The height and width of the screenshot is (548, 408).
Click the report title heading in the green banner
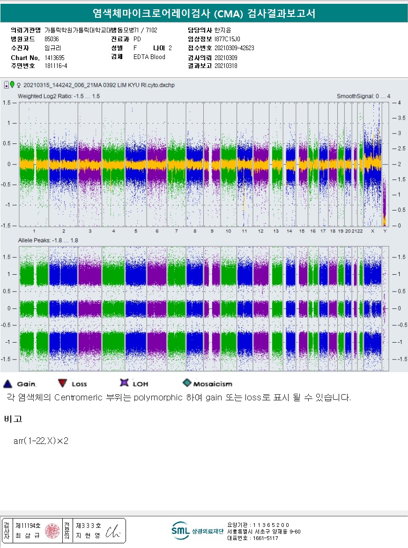[x=204, y=13]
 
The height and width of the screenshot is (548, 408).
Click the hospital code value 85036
[x=52, y=39]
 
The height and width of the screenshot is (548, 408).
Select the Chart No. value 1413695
[x=54, y=57]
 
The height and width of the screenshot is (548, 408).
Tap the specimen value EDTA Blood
[x=149, y=57]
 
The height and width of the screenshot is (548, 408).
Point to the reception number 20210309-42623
[x=234, y=48]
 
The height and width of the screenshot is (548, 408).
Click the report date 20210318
[x=226, y=66]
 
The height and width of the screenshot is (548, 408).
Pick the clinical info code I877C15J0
[x=227, y=39]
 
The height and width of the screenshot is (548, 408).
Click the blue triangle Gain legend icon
[x=7, y=383]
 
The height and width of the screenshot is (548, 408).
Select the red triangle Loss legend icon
[x=62, y=383]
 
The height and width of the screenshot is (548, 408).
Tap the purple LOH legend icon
[x=124, y=383]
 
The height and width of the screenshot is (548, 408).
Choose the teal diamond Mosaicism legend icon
[x=187, y=383]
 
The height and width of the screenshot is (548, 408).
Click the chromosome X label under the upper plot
[x=372, y=232]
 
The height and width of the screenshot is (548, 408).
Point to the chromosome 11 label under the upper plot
[x=244, y=232]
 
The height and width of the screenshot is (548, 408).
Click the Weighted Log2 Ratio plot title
[x=59, y=96]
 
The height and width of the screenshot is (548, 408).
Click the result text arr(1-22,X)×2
[x=41, y=441]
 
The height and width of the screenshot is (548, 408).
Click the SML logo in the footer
[x=180, y=530]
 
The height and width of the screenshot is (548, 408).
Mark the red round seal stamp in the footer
[x=52, y=531]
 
